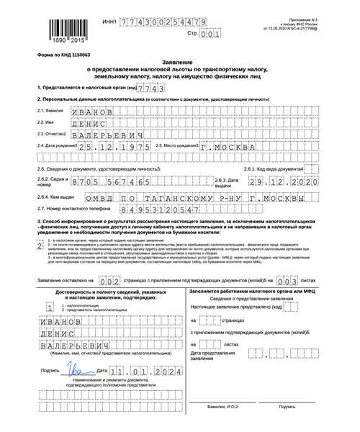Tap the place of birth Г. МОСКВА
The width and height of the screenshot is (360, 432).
pyautogui.click(x=224, y=153)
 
